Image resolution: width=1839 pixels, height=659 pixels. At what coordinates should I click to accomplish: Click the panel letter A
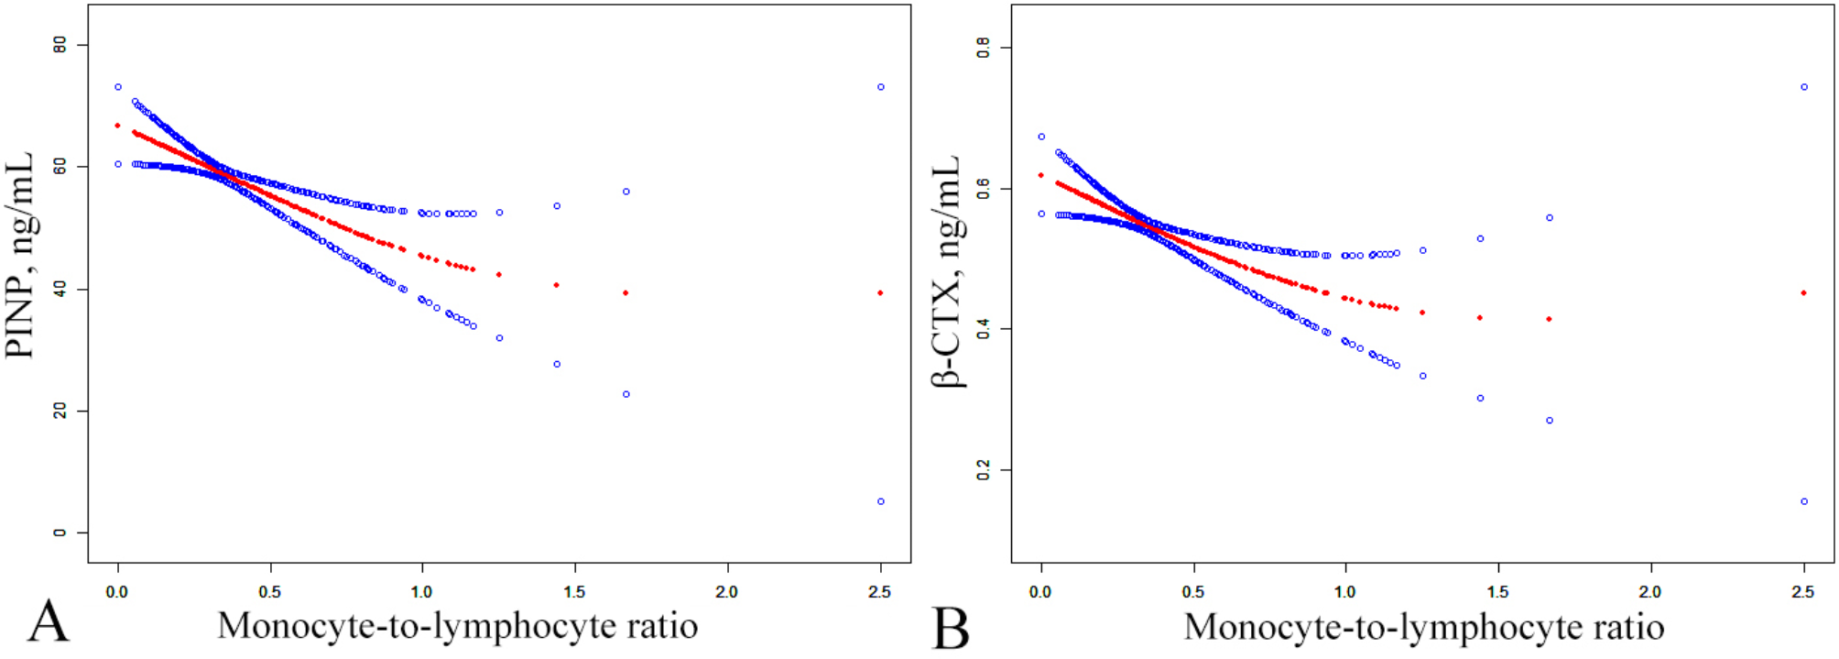[48, 623]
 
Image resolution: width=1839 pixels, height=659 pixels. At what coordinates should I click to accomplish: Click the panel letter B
[951, 629]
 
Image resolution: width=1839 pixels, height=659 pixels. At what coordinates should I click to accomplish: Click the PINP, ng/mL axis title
[20, 255]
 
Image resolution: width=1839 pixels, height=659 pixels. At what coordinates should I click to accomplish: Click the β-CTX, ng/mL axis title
[946, 271]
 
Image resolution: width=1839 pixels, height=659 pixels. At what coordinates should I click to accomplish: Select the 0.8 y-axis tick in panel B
[984, 48]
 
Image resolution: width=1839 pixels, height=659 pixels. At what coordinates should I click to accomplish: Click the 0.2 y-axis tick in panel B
[984, 470]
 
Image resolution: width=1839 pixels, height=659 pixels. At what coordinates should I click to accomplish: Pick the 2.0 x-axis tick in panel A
[726, 592]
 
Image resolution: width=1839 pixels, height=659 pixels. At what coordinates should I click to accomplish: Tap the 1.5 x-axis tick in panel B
[1497, 592]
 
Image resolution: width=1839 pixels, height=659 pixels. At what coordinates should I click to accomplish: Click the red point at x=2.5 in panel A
[880, 293]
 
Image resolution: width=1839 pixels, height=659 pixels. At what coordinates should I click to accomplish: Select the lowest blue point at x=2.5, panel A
[881, 501]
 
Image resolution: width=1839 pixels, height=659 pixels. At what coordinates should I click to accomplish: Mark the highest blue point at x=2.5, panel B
[1804, 87]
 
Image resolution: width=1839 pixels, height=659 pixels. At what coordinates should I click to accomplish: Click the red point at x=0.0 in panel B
[1040, 175]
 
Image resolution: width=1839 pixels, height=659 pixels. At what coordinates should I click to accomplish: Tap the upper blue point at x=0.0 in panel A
[118, 87]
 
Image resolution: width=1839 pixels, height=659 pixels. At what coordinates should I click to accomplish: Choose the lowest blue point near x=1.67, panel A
[626, 394]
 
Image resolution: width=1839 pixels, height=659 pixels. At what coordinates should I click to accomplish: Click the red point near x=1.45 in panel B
[1480, 318]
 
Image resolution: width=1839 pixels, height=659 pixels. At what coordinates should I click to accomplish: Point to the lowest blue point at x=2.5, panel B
[1804, 501]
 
